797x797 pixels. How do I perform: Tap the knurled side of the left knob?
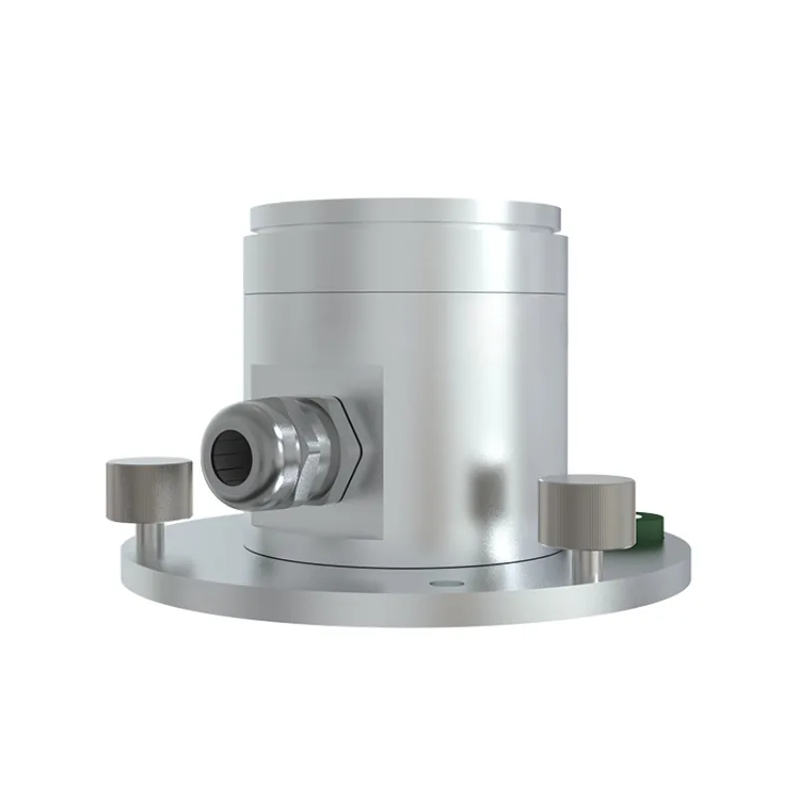(x=148, y=496)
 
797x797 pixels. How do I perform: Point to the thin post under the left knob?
(x=148, y=537)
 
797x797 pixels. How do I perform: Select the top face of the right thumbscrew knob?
(x=587, y=485)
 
